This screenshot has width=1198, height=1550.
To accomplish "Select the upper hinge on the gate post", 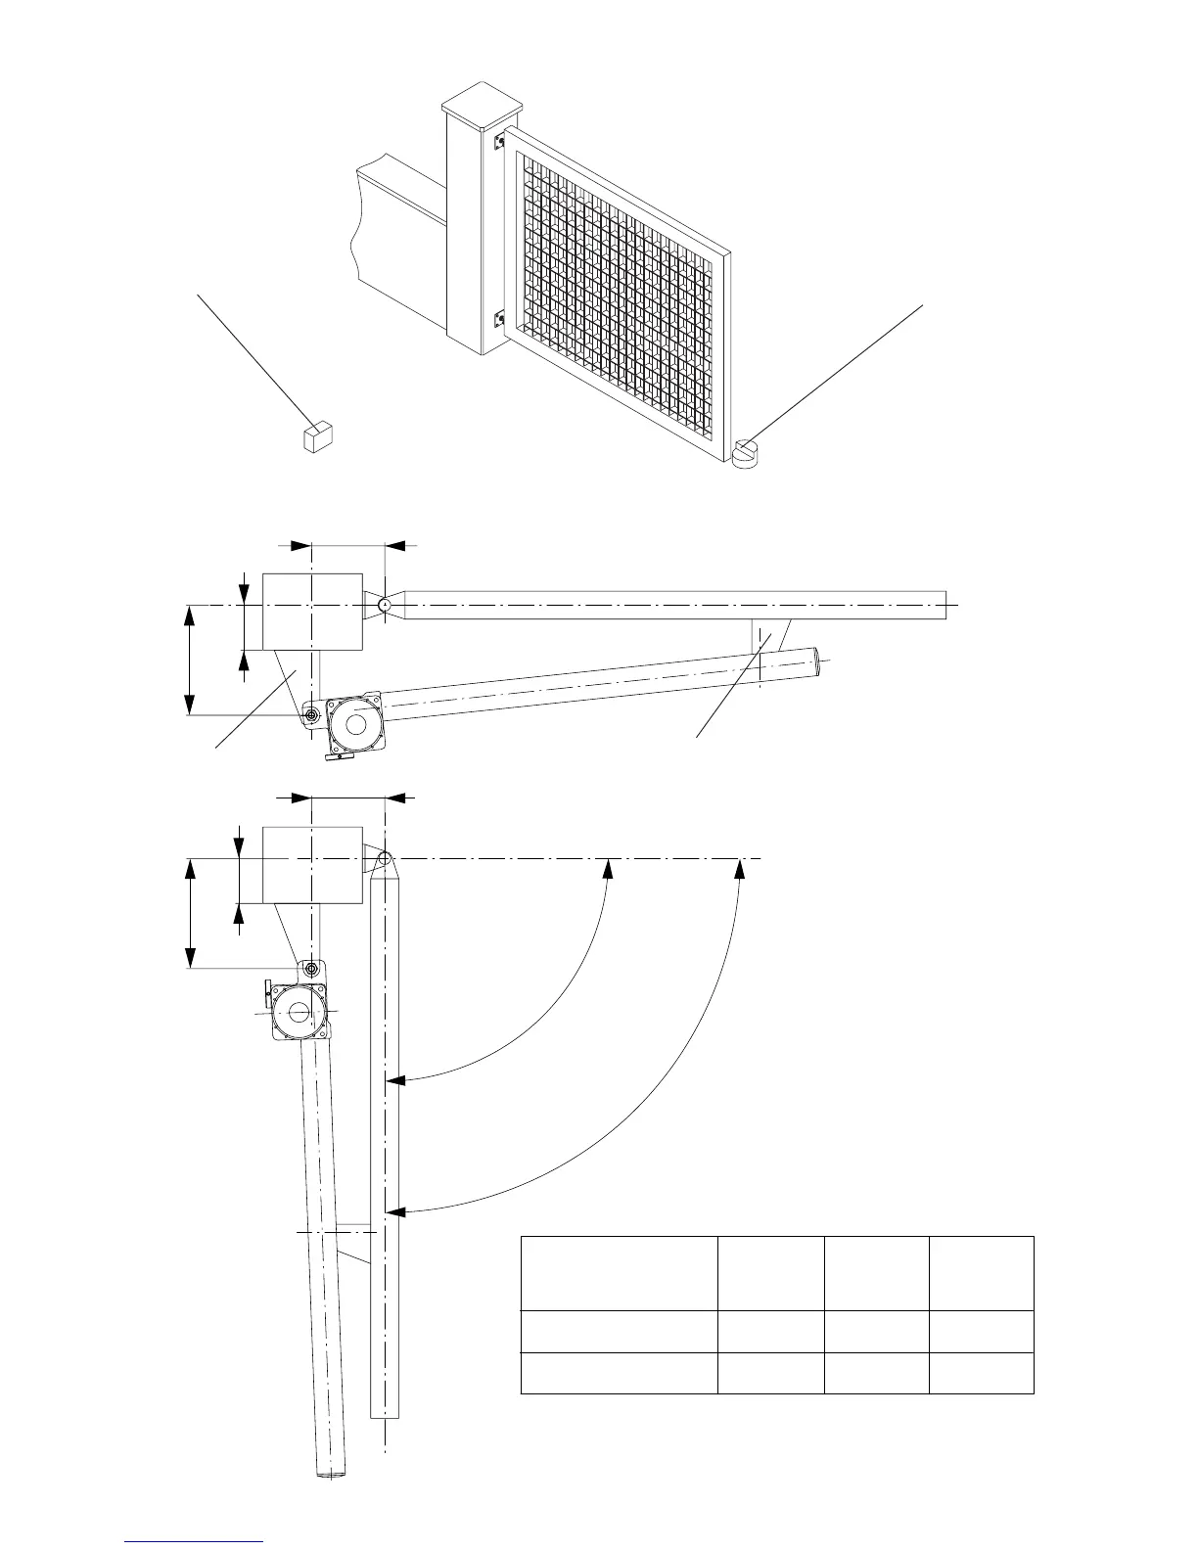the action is click(499, 141).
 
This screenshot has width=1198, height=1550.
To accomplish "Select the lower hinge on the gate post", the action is click(499, 318).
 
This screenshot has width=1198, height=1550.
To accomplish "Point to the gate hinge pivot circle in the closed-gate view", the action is click(386, 607).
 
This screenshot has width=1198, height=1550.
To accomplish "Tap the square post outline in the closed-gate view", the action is click(312, 613).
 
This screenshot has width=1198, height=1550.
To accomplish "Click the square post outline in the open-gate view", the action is click(312, 865).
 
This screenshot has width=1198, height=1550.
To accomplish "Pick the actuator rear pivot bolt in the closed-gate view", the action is click(311, 716).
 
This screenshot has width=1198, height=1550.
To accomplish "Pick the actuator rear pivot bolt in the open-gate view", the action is click(311, 969).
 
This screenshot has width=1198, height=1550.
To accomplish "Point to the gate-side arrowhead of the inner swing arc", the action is click(394, 1080).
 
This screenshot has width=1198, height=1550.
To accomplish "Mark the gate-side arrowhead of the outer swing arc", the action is click(394, 1212).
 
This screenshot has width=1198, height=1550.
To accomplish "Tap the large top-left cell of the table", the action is click(619, 1273).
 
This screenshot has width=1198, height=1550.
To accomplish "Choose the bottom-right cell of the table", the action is click(982, 1373).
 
